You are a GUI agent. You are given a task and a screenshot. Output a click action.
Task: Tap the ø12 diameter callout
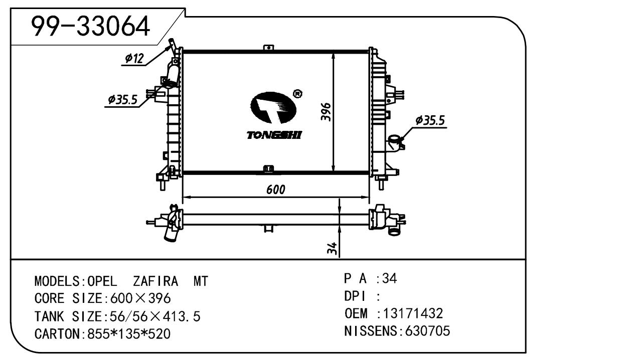tap(134, 59)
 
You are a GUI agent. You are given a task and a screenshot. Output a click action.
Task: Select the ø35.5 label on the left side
tap(122, 100)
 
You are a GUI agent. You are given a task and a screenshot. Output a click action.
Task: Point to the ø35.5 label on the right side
tap(430, 120)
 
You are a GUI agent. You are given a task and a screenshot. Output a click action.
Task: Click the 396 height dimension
tap(325, 113)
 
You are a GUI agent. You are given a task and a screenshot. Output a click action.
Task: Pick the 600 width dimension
tap(275, 190)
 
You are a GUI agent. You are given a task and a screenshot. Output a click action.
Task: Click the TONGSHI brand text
tap(274, 135)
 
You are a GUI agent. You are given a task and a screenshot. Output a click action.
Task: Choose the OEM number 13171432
tap(413, 314)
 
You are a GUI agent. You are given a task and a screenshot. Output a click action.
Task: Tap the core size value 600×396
tap(136, 299)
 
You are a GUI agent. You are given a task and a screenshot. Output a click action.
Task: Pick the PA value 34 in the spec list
tap(389, 279)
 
